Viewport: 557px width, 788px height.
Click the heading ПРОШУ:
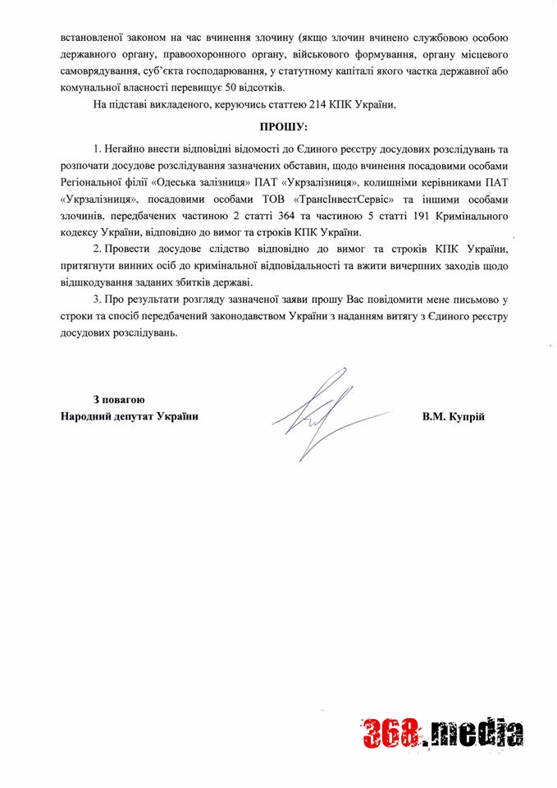click(x=281, y=128)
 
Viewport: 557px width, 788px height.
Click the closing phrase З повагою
click(x=119, y=400)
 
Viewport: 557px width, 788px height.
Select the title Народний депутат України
click(x=130, y=416)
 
